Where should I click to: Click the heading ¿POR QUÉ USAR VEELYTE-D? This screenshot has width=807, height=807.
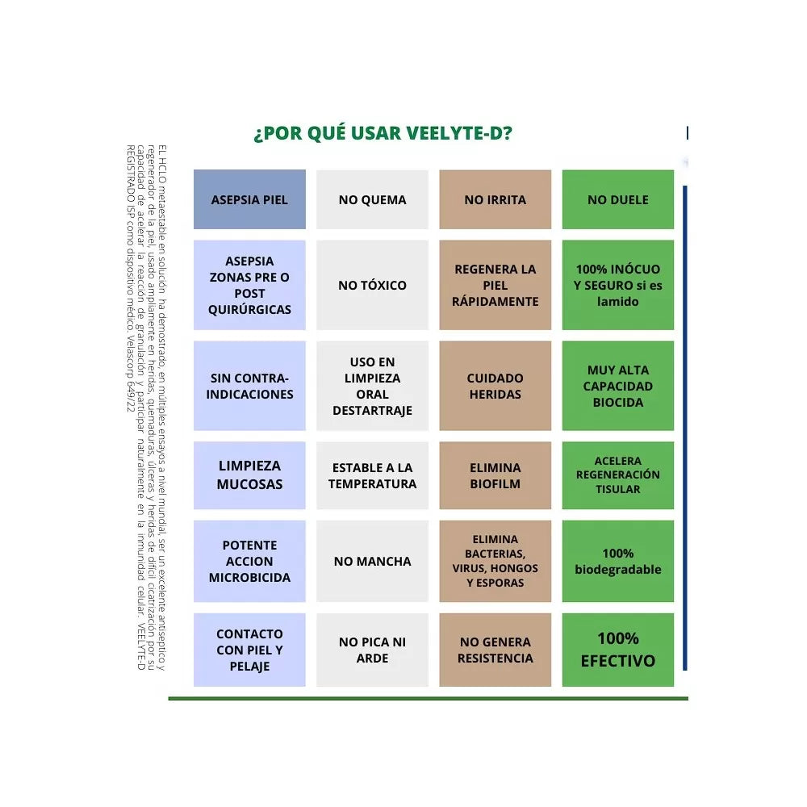click(383, 133)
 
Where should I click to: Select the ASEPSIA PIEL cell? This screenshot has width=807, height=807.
click(249, 199)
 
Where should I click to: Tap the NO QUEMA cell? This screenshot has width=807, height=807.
click(372, 199)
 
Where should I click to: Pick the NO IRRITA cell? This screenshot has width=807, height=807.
click(495, 199)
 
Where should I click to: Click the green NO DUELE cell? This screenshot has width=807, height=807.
click(617, 199)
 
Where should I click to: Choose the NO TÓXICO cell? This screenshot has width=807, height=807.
click(372, 285)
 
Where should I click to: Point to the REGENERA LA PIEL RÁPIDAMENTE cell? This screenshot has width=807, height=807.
click(495, 285)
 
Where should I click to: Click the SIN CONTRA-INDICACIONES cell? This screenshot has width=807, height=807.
click(249, 386)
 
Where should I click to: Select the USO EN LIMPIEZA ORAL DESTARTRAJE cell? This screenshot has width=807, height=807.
click(372, 386)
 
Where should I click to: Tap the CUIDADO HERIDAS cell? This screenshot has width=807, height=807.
click(495, 386)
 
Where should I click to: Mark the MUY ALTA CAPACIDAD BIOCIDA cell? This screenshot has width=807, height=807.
click(617, 386)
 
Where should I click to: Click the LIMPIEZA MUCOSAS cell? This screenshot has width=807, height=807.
click(249, 475)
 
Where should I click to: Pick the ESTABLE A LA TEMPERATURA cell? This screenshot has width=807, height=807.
click(372, 475)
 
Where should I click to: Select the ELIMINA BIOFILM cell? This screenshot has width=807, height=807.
click(495, 475)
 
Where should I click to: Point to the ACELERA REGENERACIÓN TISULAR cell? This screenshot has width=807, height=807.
click(617, 475)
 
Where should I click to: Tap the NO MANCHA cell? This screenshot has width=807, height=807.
click(372, 561)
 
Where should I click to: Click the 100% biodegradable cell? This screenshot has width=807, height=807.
click(617, 561)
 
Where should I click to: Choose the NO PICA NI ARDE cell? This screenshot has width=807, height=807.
click(372, 650)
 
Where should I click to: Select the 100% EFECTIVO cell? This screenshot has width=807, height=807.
click(617, 650)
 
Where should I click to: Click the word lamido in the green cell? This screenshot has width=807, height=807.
click(617, 302)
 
